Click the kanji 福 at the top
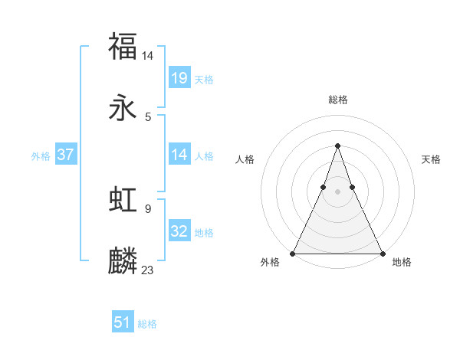(x=123, y=46)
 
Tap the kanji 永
(x=123, y=109)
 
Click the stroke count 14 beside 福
(x=148, y=55)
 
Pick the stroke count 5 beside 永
(x=147, y=117)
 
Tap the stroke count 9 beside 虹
(x=147, y=208)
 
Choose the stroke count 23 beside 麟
(x=148, y=270)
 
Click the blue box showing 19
(x=179, y=78)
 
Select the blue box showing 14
(x=179, y=155)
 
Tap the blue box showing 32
(x=179, y=231)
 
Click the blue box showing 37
(x=66, y=155)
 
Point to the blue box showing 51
(x=123, y=322)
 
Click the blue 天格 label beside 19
(x=204, y=79)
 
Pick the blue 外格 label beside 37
(x=41, y=155)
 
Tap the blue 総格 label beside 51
(x=147, y=323)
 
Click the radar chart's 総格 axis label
(x=337, y=100)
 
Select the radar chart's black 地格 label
(x=402, y=263)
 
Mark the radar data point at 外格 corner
(x=293, y=253)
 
